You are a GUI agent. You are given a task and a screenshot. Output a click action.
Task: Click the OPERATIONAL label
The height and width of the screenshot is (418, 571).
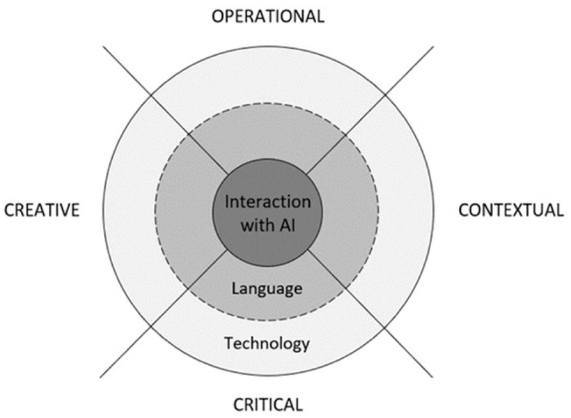267,16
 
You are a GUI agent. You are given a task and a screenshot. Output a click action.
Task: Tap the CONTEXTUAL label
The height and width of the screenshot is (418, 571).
510,210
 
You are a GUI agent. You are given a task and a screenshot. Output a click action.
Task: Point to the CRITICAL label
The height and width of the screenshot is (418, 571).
267,403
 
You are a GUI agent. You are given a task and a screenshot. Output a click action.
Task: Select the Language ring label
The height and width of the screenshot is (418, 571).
267,288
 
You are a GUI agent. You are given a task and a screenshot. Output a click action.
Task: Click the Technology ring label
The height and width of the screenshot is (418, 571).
267,343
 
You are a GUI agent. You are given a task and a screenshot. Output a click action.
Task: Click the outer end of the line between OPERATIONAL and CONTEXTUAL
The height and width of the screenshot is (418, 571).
433,47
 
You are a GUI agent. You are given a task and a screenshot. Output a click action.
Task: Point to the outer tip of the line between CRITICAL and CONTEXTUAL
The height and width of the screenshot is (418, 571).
434,378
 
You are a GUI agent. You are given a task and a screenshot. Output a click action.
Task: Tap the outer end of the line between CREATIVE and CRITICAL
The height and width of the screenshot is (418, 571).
101,378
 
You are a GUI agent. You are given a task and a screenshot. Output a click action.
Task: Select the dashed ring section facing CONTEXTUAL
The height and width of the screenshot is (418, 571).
352,210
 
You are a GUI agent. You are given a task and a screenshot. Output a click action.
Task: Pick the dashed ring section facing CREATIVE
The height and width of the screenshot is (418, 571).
182,210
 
